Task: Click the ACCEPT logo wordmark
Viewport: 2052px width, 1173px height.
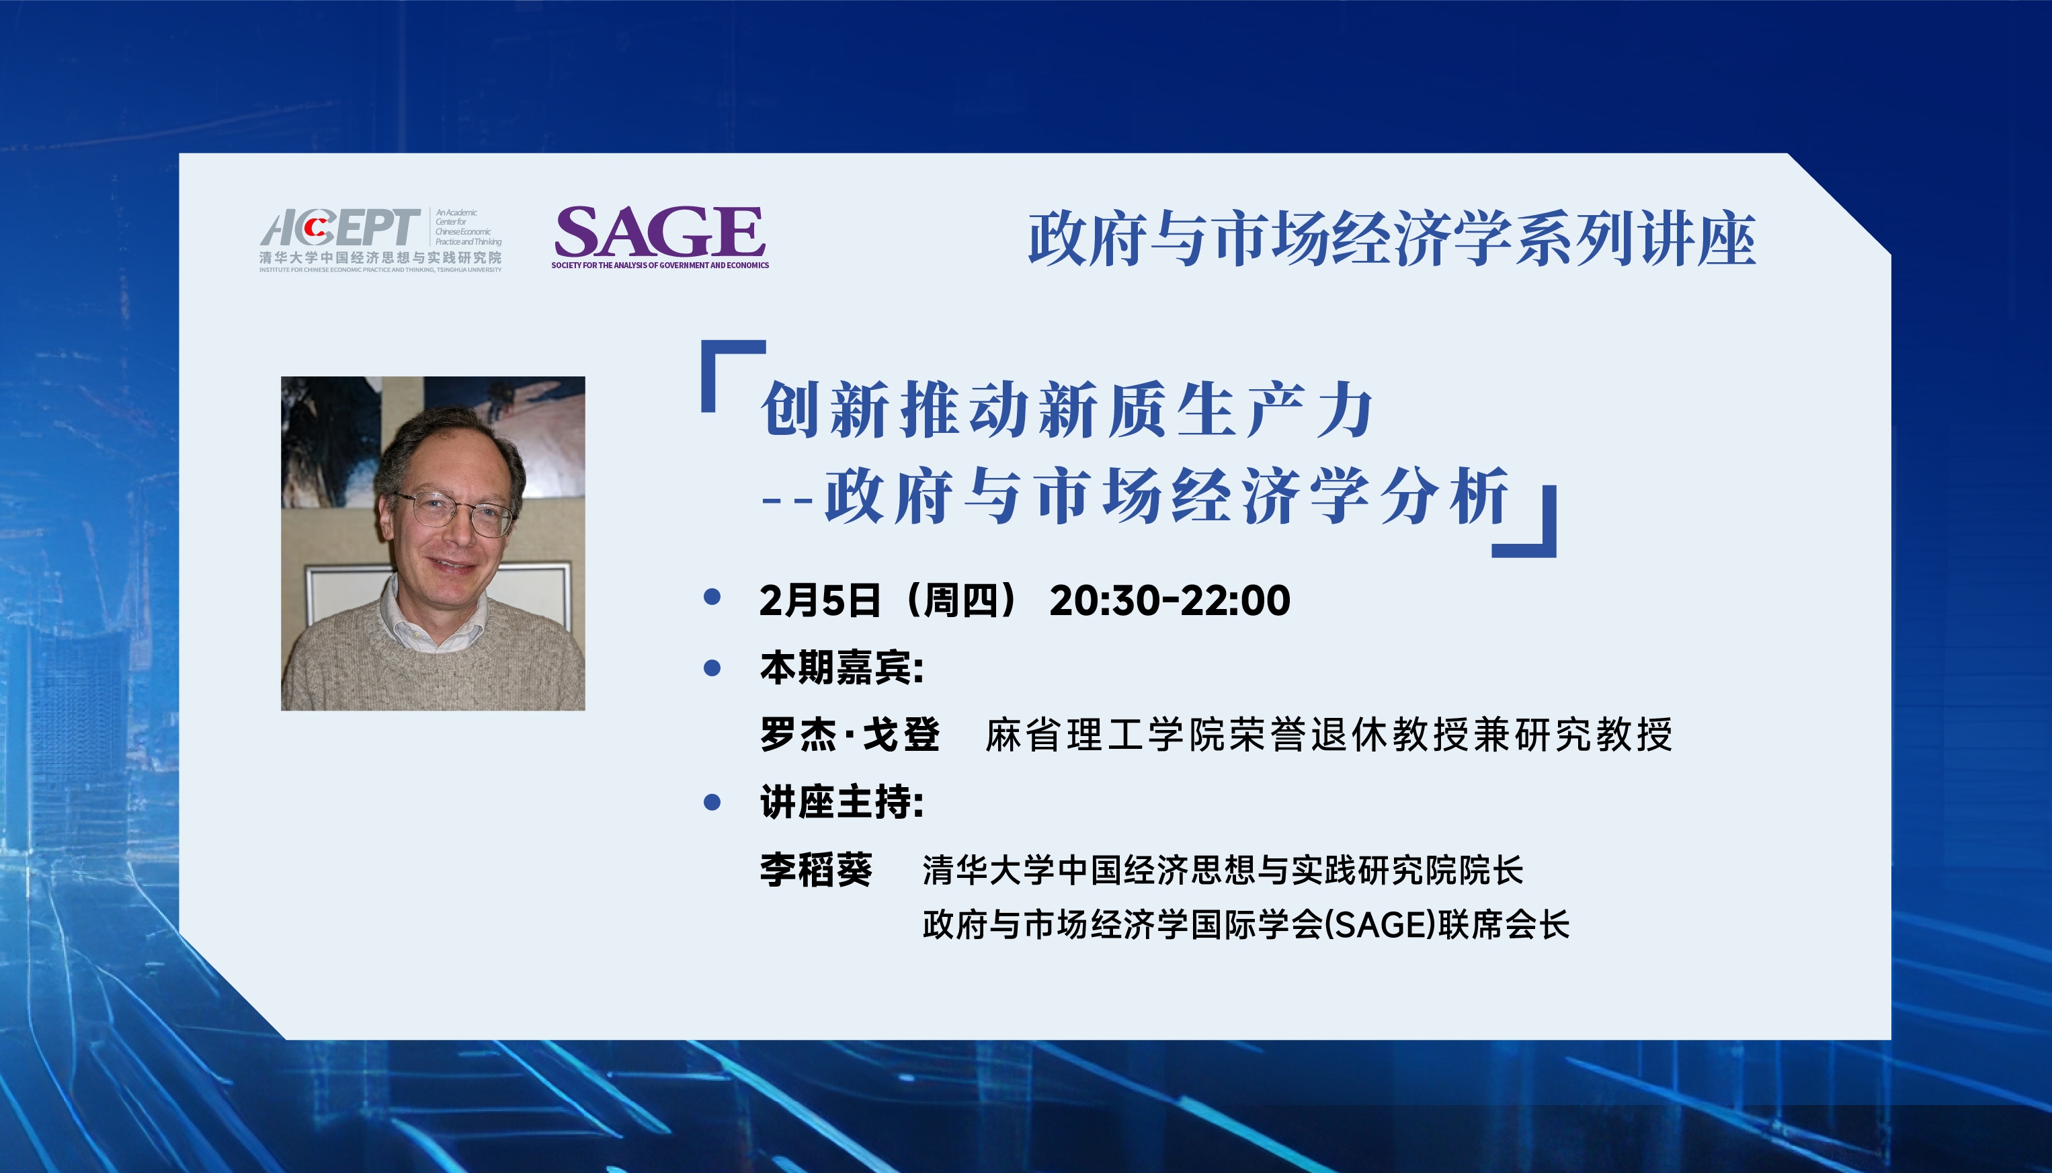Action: [x=340, y=228]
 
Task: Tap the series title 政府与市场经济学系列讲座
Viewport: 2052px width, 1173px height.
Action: [x=1391, y=239]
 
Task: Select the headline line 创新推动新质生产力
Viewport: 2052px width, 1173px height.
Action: [x=1067, y=410]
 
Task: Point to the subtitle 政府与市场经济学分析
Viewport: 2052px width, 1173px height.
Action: [x=1167, y=496]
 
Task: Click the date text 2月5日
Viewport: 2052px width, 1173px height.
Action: [x=820, y=600]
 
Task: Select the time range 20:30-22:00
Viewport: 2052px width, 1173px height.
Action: [x=1169, y=600]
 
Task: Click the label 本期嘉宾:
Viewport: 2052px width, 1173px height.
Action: [x=842, y=668]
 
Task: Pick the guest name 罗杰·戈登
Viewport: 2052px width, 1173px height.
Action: [x=850, y=735]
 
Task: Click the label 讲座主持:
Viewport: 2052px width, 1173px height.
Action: [x=842, y=803]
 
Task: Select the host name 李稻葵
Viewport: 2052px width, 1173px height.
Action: [x=816, y=870]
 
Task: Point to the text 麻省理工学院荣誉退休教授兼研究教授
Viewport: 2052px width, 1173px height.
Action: [x=1329, y=735]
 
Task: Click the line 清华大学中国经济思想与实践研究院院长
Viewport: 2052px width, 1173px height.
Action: [x=1223, y=870]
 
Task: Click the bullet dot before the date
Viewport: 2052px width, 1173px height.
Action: [x=712, y=597]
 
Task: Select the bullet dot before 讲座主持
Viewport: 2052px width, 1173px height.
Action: [x=712, y=803]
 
